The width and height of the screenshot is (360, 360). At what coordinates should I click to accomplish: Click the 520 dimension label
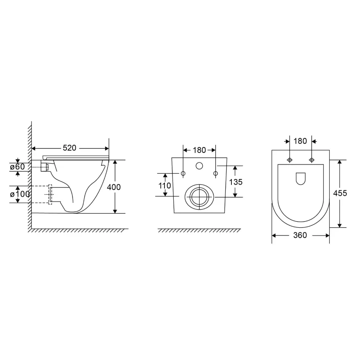click(x=69, y=148)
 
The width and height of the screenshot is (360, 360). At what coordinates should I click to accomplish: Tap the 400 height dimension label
click(x=114, y=187)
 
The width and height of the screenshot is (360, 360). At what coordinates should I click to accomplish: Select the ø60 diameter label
click(x=17, y=166)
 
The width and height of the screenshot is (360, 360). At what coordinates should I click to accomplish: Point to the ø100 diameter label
click(x=20, y=194)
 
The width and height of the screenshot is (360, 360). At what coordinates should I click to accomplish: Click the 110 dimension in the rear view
click(x=164, y=185)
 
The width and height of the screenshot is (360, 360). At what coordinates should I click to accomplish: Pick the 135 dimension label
click(x=236, y=182)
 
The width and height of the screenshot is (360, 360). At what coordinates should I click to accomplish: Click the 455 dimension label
click(x=340, y=194)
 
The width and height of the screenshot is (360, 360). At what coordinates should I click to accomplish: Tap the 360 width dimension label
click(x=300, y=235)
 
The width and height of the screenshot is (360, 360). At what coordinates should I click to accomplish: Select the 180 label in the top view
click(x=300, y=141)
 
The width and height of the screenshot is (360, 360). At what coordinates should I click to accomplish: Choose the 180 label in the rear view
click(x=199, y=150)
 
